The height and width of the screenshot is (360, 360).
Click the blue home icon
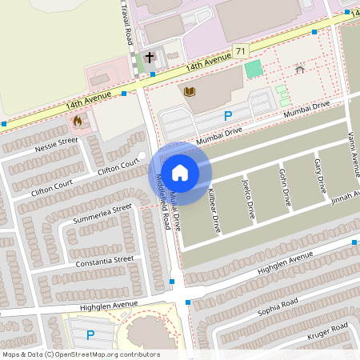click(x=180, y=172)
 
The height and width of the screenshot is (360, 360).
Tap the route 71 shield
click(x=240, y=51)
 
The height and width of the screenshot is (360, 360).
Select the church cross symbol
click(x=150, y=58)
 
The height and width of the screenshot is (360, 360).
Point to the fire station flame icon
click(x=78, y=121)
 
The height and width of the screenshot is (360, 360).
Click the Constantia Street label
click(x=104, y=260)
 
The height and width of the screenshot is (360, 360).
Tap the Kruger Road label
click(x=328, y=330)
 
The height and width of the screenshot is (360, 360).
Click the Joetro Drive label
click(x=248, y=198)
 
